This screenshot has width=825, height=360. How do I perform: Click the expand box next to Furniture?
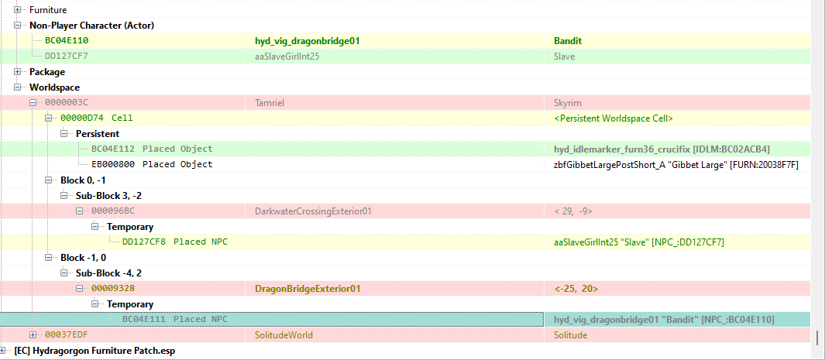click(18, 10)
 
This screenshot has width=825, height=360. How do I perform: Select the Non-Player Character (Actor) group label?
click(91, 26)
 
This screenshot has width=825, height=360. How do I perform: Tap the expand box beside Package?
click(18, 71)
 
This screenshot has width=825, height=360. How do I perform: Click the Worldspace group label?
click(55, 87)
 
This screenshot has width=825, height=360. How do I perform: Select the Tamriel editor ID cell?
click(266, 103)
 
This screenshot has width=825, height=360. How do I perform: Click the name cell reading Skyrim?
click(568, 103)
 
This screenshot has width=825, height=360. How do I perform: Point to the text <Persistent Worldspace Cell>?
click(614, 118)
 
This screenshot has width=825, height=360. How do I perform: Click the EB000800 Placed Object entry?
click(152, 164)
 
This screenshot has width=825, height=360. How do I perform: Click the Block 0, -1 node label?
click(83, 180)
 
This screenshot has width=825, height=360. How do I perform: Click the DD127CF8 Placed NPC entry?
click(175, 242)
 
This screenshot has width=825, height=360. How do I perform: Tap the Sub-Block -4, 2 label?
click(109, 273)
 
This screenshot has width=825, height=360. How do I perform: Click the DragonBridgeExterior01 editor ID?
click(308, 289)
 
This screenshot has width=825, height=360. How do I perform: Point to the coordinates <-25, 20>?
click(576, 289)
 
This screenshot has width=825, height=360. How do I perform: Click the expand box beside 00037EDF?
click(33, 334)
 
